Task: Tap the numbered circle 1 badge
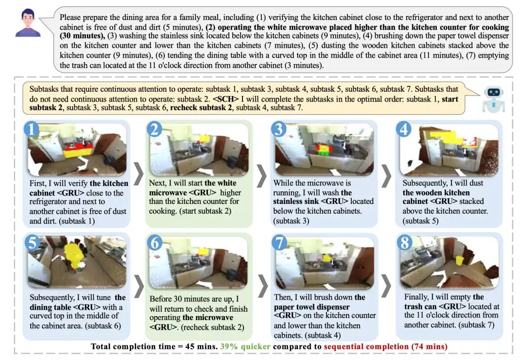[31, 129]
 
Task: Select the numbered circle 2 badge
[154, 129]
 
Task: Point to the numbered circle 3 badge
[279, 129]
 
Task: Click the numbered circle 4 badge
[404, 129]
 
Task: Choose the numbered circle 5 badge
[31, 242]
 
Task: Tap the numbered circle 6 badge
[154, 242]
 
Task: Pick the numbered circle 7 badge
[279, 242]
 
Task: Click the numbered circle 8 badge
[404, 242]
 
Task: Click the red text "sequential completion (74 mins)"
[385, 346]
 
